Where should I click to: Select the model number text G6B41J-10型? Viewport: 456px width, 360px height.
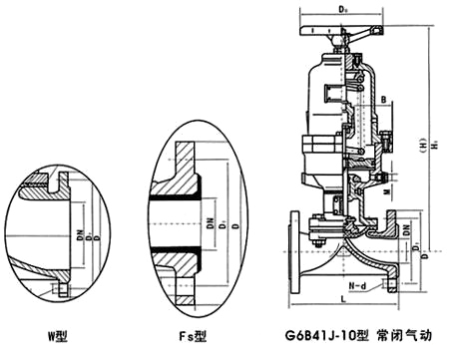click(x=324, y=339)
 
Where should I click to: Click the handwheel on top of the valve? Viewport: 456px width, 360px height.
click(x=342, y=30)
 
